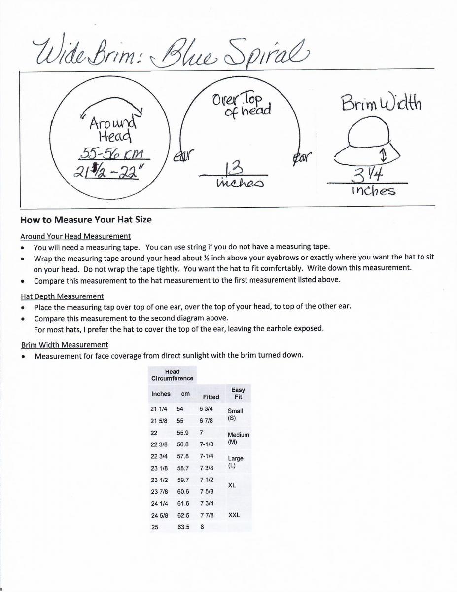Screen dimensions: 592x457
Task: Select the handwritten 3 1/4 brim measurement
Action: [x=367, y=175]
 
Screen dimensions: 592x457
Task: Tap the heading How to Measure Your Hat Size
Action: [x=86, y=220]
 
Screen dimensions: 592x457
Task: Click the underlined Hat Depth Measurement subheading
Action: [x=62, y=296]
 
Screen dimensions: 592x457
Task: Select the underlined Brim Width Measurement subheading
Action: [x=65, y=345]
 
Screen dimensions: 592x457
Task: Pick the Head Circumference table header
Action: [x=172, y=375]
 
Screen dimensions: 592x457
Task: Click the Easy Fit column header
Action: [x=238, y=393]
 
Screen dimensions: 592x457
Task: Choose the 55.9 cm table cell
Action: [x=182, y=433]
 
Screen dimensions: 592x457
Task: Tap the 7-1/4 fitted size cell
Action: [x=207, y=456]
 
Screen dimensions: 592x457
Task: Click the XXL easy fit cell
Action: [x=234, y=515]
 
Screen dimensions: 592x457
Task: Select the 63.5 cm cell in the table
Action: [x=183, y=527]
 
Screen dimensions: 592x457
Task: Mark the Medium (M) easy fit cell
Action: [x=238, y=438]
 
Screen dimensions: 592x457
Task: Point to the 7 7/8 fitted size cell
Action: [x=206, y=515]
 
